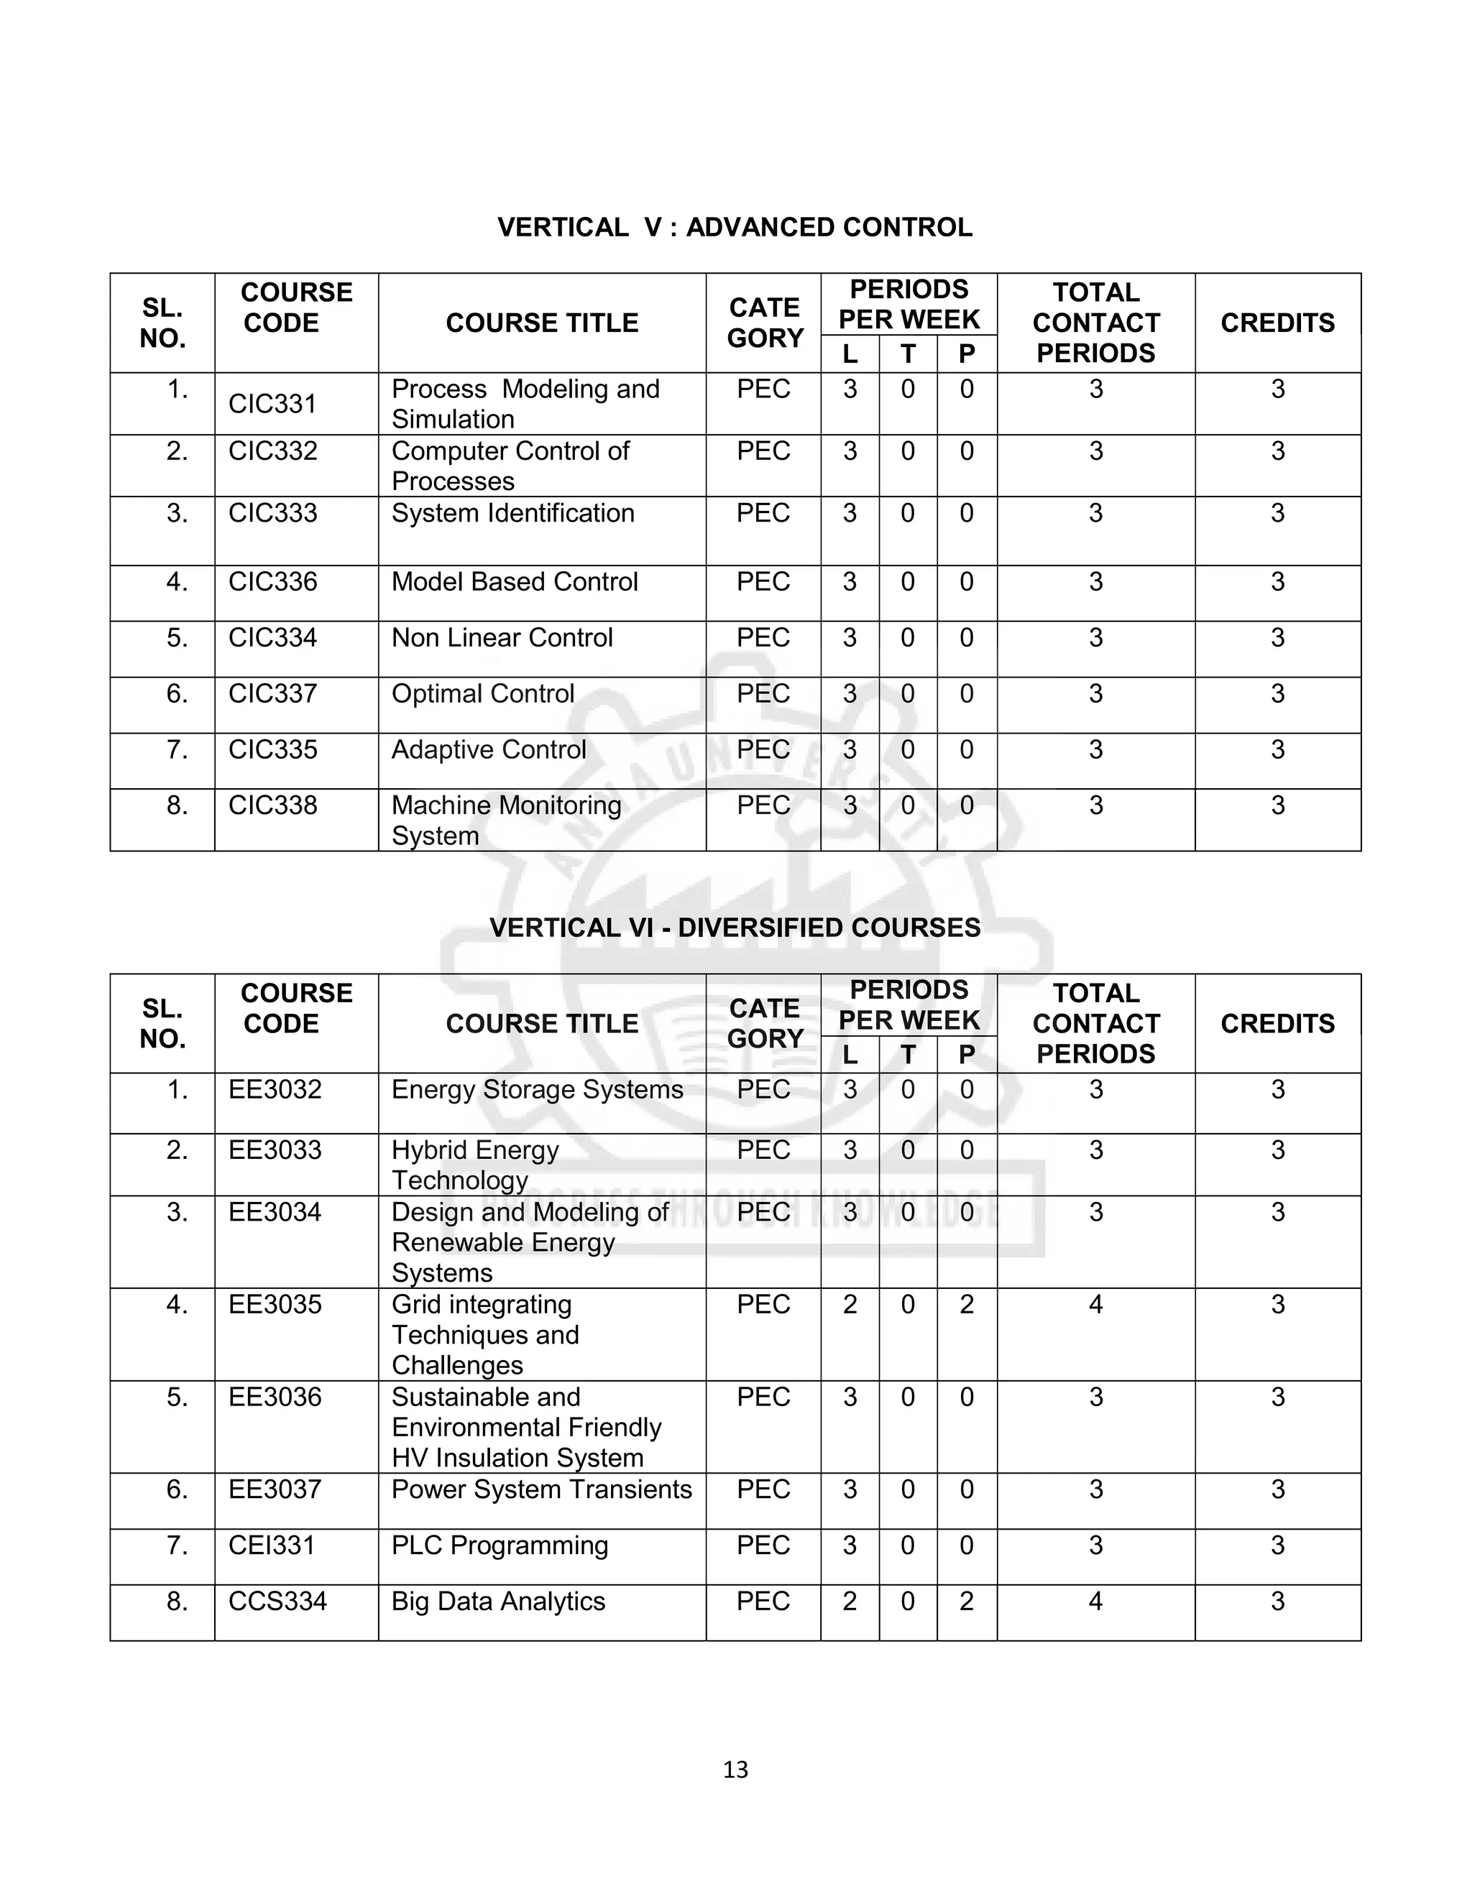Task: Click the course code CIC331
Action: pos(272,404)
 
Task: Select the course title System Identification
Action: pos(512,514)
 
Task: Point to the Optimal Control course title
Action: pos(482,694)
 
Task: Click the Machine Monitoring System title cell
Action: pos(506,821)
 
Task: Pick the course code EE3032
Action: pos(275,1090)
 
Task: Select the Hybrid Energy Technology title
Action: pos(475,1165)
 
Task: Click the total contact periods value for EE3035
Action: pos(1095,1305)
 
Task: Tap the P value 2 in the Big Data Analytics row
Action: pos(966,1602)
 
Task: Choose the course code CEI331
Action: pos(271,1545)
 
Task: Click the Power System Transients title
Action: pos(541,1490)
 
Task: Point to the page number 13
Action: pos(735,1770)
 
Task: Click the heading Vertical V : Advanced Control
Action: pos(735,228)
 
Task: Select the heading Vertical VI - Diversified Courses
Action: pos(735,928)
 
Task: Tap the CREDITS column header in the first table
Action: pos(1276,323)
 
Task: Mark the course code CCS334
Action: pos(277,1602)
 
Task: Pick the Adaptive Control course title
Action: pos(488,749)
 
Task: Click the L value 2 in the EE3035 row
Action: pos(850,1305)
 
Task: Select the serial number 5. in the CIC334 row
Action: pos(177,638)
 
